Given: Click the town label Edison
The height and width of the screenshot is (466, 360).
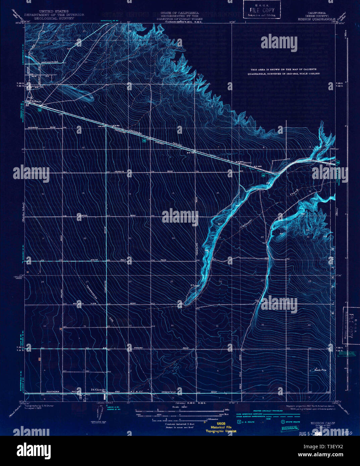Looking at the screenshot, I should (x=36, y=101).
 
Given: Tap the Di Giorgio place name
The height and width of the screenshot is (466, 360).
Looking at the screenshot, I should (x=98, y=389).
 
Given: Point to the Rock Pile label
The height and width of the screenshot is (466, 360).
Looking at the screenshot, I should (x=320, y=370).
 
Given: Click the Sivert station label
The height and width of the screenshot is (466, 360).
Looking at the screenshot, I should (x=248, y=162).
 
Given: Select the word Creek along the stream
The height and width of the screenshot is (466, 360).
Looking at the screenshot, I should (x=294, y=192).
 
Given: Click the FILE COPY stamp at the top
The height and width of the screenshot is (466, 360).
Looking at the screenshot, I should (x=262, y=10).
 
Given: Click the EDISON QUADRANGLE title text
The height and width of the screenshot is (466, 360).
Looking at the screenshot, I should (x=316, y=19).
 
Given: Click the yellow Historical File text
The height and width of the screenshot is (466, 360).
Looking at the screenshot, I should (x=221, y=427).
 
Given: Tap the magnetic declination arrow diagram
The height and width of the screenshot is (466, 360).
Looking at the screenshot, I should (x=100, y=414).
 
